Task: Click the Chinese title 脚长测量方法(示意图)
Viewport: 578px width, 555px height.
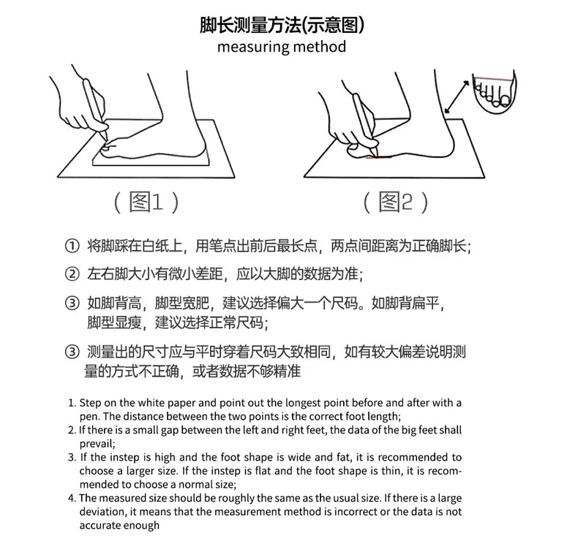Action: coord(282,25)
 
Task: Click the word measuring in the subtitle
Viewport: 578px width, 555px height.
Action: coord(252,47)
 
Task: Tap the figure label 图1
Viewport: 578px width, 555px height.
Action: coord(146,202)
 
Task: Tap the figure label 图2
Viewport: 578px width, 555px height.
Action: coord(396,202)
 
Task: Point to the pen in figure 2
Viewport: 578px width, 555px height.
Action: coord(364,121)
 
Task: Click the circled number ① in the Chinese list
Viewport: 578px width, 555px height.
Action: coord(72,245)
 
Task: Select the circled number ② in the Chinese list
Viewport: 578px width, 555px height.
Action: coord(72,275)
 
